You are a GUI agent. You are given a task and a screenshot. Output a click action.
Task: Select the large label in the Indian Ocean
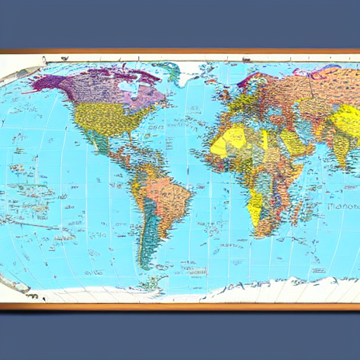[x=341, y=207]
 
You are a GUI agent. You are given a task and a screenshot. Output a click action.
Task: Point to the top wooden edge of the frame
[x=180, y=51]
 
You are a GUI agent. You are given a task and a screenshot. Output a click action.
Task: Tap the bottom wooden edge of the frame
[x=180, y=306]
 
